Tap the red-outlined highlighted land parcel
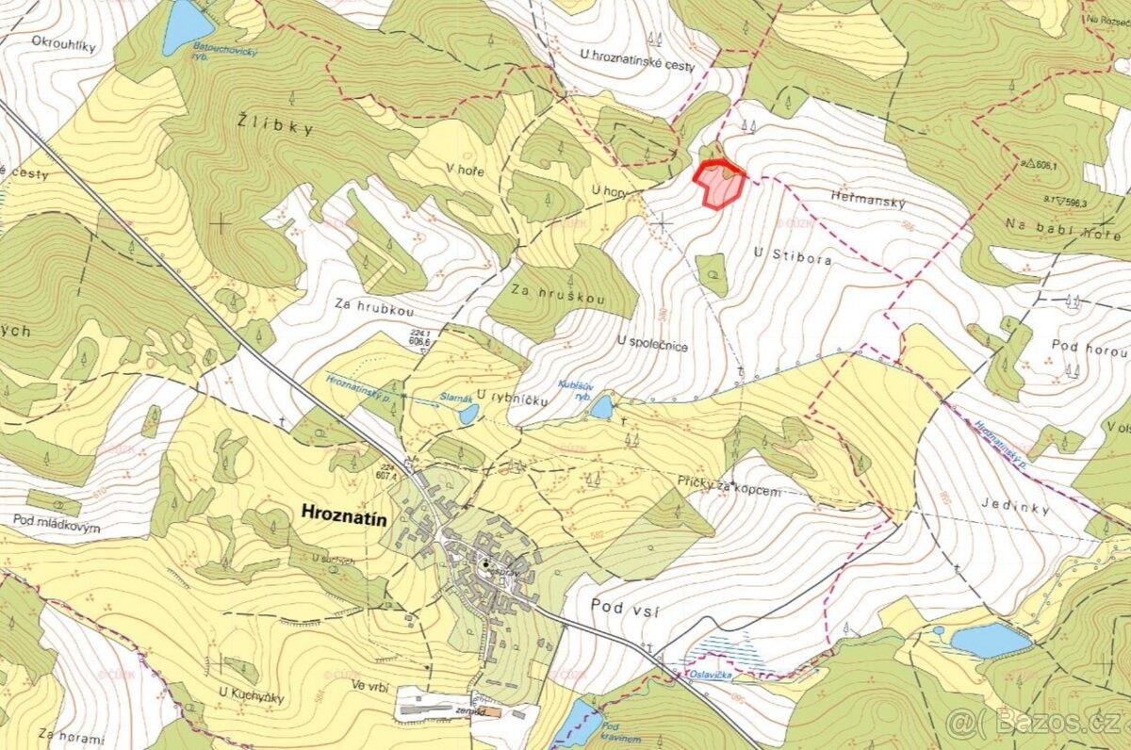(720, 185)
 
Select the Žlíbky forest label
(274, 126)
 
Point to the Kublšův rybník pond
(600, 407)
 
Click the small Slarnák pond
(467, 412)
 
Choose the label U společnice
(652, 345)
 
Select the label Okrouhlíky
(63, 42)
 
